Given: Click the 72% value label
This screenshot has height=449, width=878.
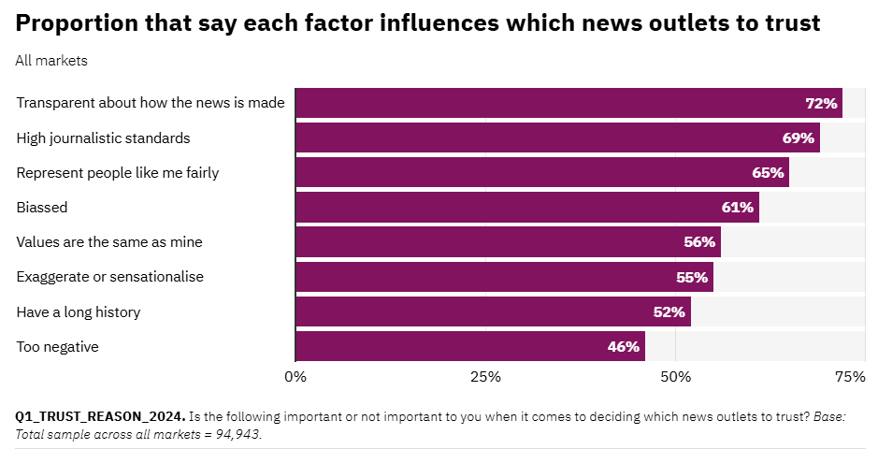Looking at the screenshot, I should (821, 103).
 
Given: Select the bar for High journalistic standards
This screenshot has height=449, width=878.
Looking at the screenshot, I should (557, 138).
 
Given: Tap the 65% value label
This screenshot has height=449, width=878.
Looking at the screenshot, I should (768, 172).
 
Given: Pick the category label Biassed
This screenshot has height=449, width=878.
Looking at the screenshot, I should (42, 207).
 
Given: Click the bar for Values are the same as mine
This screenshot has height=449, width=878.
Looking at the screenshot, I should (508, 242).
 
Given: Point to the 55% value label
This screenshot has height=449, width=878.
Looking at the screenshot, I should (692, 277).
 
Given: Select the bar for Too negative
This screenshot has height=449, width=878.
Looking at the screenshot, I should (469, 346).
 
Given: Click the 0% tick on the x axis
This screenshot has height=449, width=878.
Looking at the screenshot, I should (295, 377).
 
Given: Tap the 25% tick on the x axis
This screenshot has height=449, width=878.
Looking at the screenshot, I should (485, 377).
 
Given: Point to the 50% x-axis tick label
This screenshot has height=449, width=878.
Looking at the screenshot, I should (675, 377).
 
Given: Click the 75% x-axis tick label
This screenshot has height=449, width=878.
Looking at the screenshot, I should (849, 377).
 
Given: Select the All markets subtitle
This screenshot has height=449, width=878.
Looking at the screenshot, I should (51, 61).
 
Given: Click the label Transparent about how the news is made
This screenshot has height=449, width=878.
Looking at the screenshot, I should (151, 103).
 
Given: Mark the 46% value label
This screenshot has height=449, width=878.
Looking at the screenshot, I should (623, 346).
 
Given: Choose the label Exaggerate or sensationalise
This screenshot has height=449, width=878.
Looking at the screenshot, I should (110, 277).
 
